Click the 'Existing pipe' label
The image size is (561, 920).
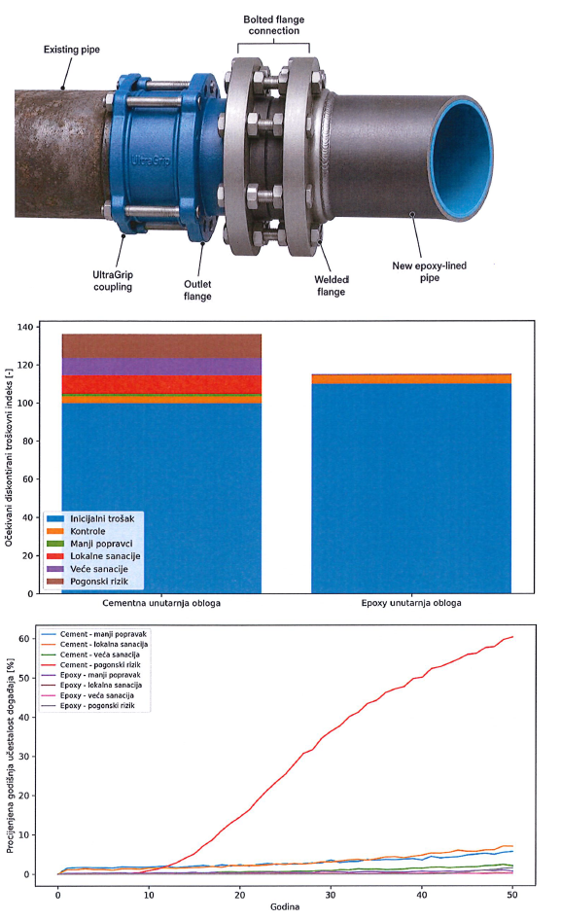(x=72, y=50)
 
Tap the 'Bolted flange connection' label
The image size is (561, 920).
(x=273, y=25)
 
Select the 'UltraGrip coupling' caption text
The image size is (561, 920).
(x=113, y=280)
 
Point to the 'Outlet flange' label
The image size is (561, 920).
(x=197, y=290)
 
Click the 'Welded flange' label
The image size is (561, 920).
(x=331, y=286)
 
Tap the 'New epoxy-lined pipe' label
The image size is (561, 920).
(x=430, y=271)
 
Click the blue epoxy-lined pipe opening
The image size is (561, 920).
(x=462, y=159)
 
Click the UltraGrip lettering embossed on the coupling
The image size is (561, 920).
(x=151, y=159)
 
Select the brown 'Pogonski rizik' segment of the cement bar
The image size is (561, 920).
(x=161, y=346)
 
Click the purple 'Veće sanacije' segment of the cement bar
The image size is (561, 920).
(x=161, y=367)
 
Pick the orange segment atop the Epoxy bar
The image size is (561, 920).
(x=410, y=379)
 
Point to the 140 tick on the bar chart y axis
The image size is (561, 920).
(x=25, y=327)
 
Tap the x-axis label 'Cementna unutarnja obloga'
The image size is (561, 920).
(x=161, y=603)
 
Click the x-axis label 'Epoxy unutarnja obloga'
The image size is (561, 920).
(x=411, y=603)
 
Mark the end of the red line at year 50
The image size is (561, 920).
(x=513, y=637)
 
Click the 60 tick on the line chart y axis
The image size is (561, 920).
(x=23, y=638)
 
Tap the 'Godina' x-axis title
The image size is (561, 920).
(x=285, y=907)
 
